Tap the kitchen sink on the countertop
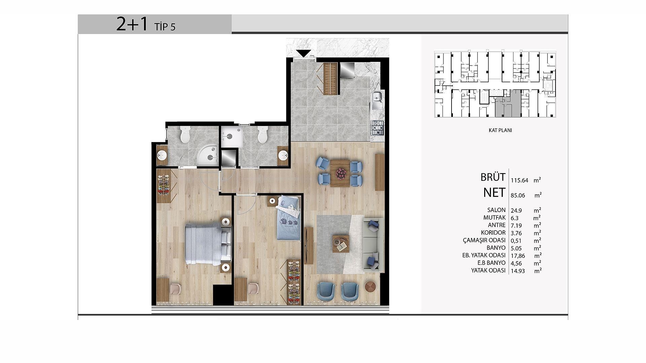[x=378, y=100]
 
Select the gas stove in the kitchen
[x=378, y=128]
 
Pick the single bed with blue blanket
[x=288, y=218]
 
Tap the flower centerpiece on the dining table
[x=340, y=173]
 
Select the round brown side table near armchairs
[x=371, y=287]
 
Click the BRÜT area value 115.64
[x=519, y=180]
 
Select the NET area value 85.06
[x=517, y=195]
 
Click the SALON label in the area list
[x=494, y=210]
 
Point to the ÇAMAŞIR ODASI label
[x=484, y=240]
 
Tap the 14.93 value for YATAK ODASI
[x=517, y=271]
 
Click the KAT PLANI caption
[x=500, y=130]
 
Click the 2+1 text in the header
[x=132, y=24]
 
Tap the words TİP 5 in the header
[x=165, y=27]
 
